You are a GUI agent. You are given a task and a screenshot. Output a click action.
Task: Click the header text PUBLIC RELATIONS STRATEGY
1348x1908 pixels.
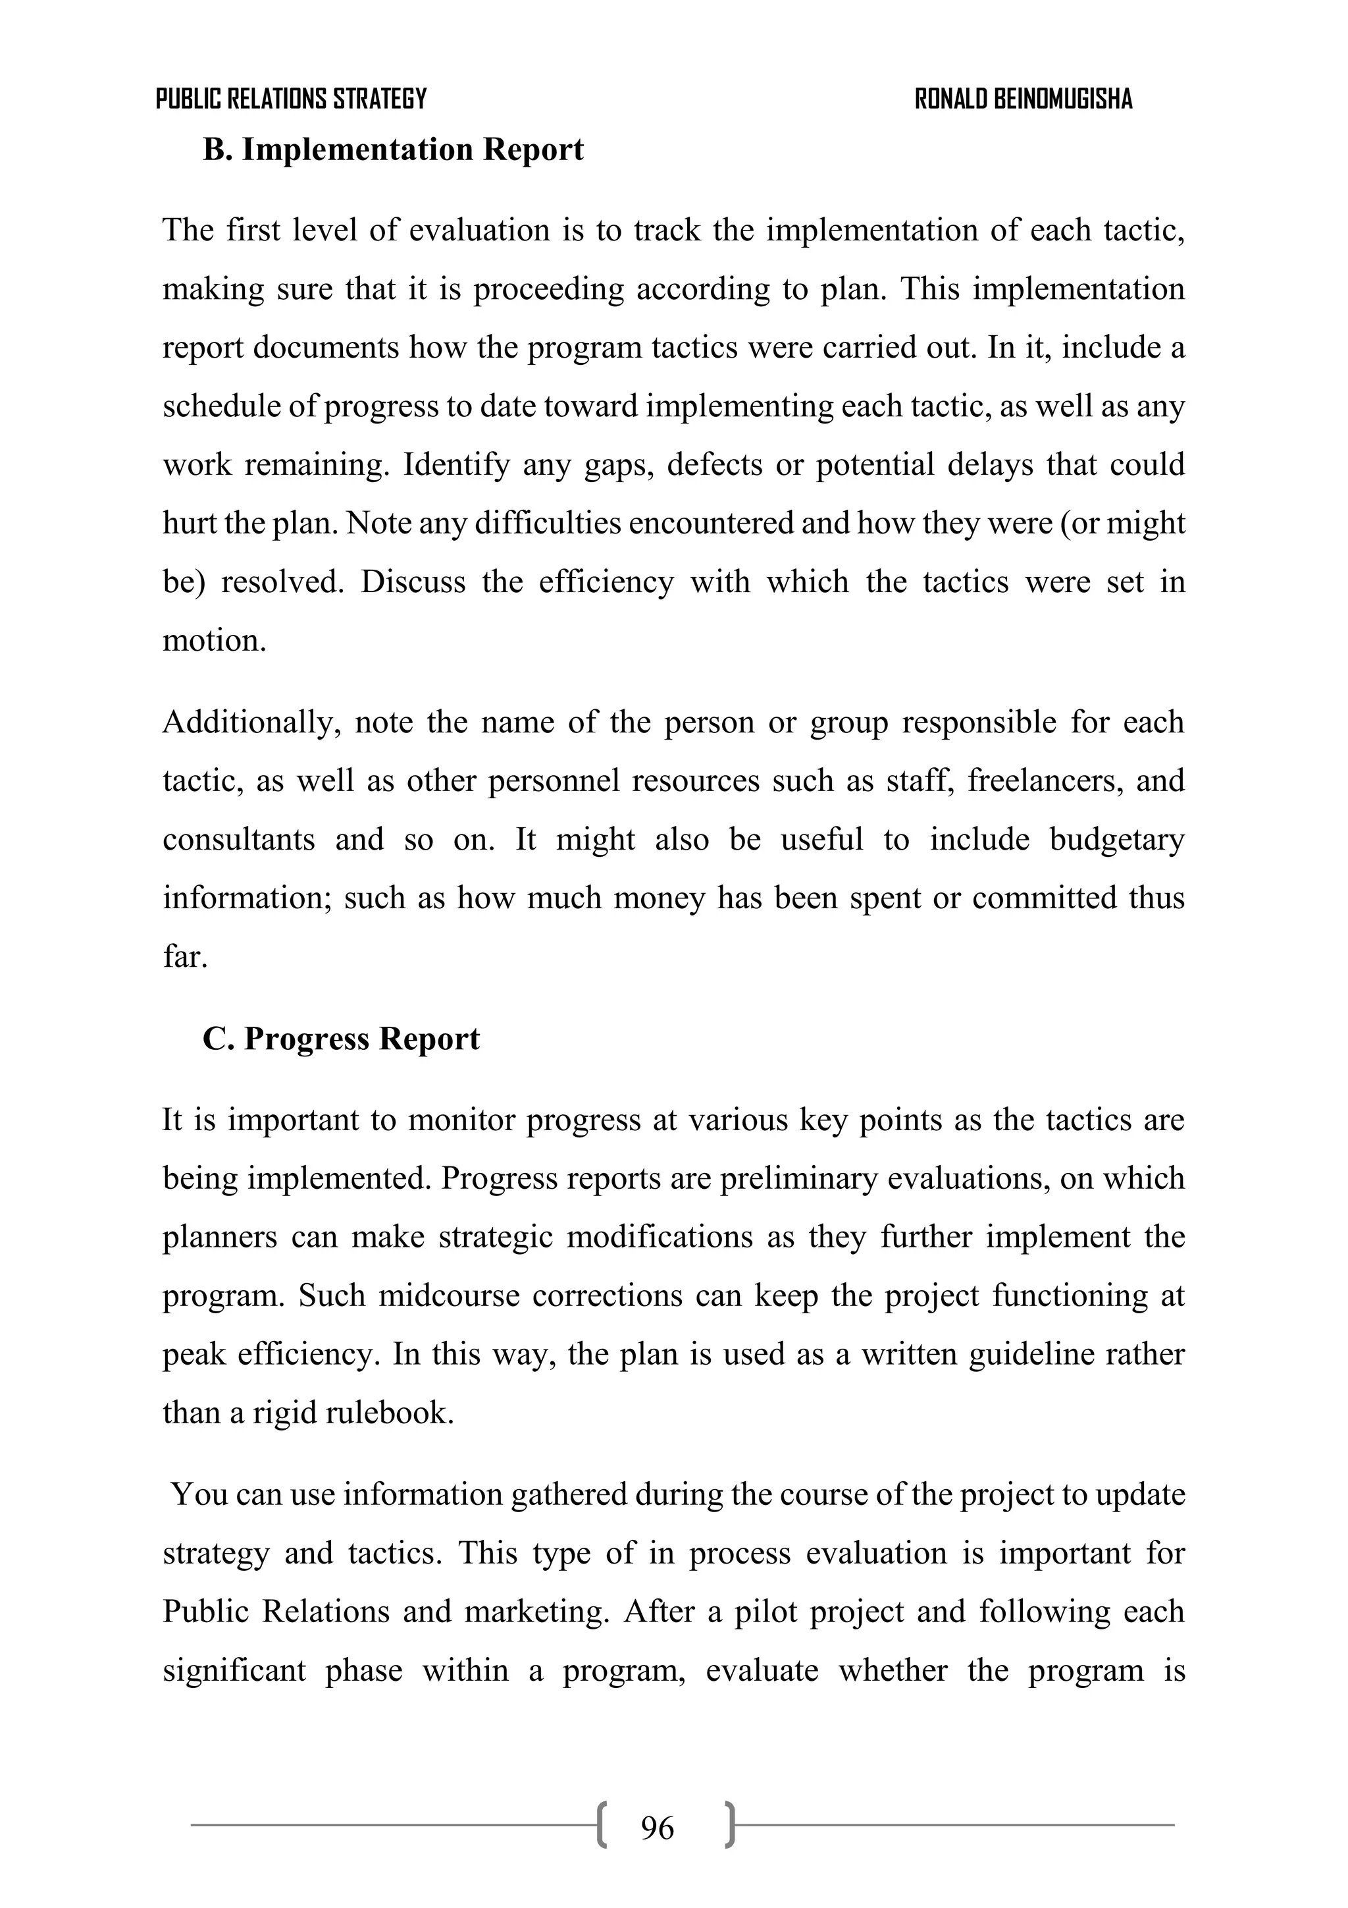[x=291, y=99]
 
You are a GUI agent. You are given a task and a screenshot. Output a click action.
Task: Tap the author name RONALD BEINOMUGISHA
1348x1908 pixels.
[x=1024, y=99]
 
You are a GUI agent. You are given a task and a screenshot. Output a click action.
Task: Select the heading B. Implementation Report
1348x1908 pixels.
[x=393, y=150]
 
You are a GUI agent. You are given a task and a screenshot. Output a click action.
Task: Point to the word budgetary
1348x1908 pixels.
[x=1116, y=839]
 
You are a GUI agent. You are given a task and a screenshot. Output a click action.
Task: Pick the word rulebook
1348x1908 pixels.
[x=390, y=1413]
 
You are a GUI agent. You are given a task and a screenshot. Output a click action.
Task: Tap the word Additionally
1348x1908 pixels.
[x=251, y=722]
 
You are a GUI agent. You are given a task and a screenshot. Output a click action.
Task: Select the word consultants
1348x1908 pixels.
[x=238, y=839]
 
